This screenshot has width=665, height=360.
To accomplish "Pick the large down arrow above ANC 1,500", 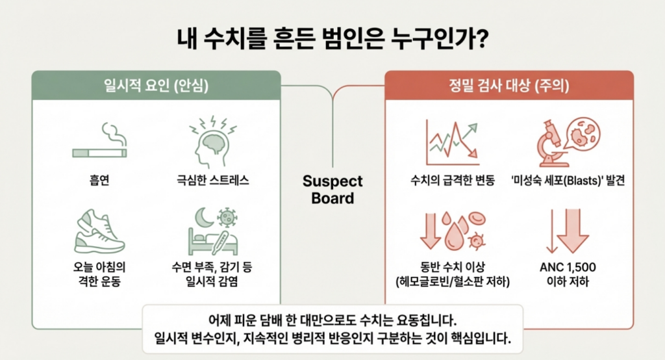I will click(572, 231).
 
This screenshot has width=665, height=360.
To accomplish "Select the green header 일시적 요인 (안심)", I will click(157, 85).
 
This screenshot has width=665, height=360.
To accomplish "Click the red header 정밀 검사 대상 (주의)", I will click(508, 85).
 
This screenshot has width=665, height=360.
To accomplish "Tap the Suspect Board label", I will click(332, 189).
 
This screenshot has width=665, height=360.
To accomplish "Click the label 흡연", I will click(99, 180).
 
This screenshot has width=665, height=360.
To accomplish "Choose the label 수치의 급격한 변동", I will click(451, 180).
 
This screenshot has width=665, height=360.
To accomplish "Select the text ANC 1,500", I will click(568, 268).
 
